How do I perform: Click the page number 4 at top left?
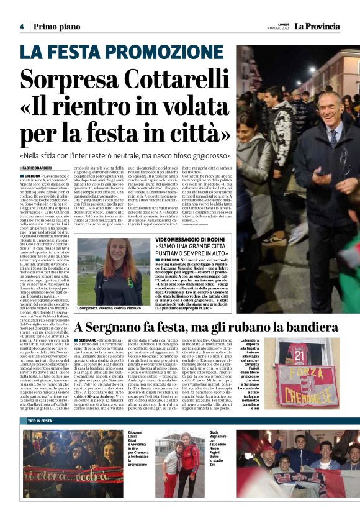tap(21, 27)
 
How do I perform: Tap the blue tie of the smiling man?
tap(333, 140)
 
